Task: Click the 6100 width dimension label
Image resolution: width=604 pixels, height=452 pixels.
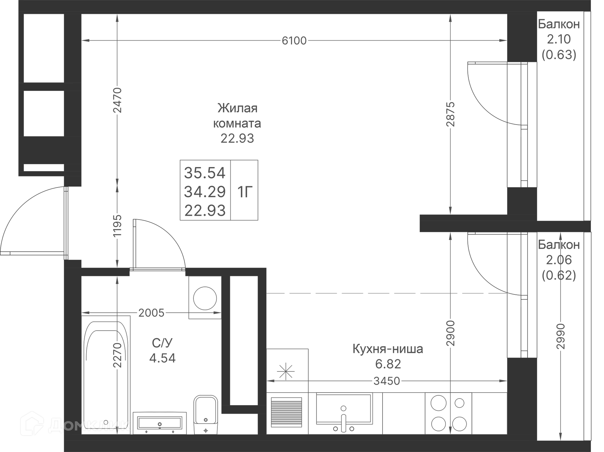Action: tap(294, 41)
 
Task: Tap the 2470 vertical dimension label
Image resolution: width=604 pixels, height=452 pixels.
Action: tap(117, 100)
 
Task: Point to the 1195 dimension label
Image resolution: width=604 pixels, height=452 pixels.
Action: tap(117, 226)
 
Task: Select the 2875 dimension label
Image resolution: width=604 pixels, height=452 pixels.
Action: tap(450, 114)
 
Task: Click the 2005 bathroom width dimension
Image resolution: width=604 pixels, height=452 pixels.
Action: tap(151, 313)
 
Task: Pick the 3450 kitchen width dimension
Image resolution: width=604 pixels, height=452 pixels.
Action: tap(387, 381)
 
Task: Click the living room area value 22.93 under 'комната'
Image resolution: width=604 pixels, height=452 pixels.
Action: tap(237, 138)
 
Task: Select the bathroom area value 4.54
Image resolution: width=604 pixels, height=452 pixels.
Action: tap(162, 358)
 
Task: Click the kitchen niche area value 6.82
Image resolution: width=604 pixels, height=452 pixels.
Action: tap(388, 364)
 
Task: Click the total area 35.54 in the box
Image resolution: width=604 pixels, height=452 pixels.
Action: tap(205, 173)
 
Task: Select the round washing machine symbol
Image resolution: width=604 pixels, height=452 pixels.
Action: tap(205, 298)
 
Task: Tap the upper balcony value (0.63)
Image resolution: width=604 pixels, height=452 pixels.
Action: tap(559, 55)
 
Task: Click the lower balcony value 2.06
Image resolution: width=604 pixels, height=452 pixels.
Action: tap(559, 260)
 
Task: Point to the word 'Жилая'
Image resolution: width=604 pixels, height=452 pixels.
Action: tap(238, 108)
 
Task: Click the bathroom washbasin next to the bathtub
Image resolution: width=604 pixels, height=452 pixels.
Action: tap(159, 423)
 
